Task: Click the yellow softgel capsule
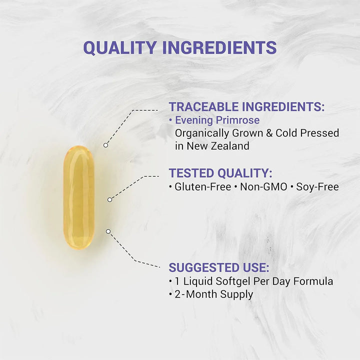(x=78, y=196)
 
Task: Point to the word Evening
(x=193, y=120)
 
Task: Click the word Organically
(x=202, y=133)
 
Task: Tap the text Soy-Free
(x=317, y=187)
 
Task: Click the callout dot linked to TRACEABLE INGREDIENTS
(x=105, y=145)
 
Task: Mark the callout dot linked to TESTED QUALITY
(x=110, y=199)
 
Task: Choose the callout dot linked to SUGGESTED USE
(x=108, y=231)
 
